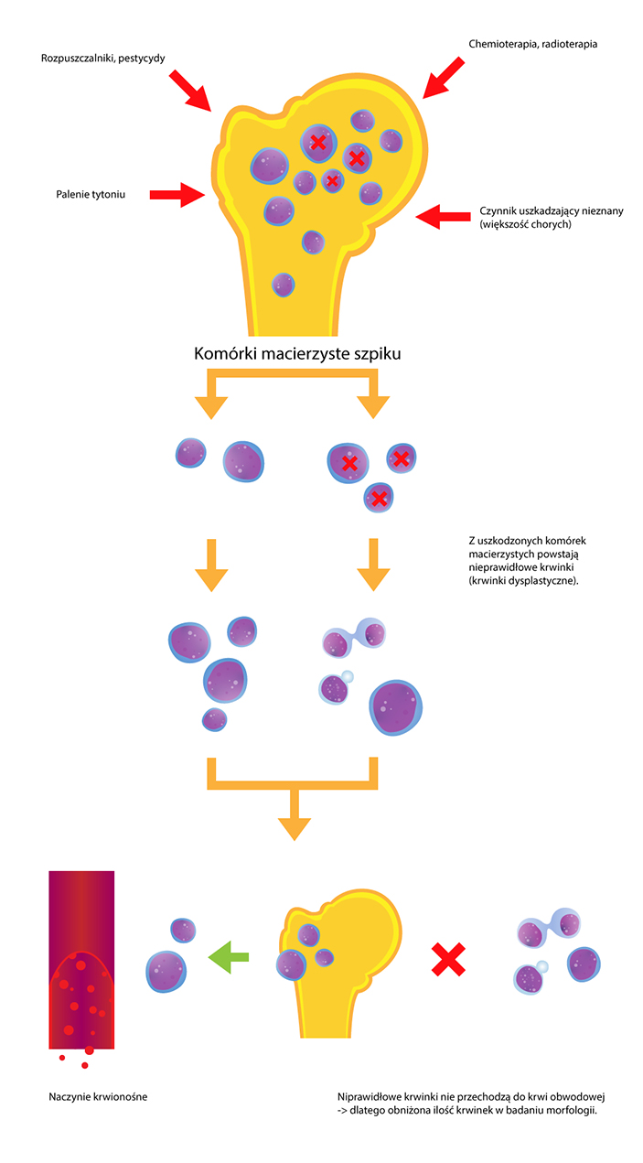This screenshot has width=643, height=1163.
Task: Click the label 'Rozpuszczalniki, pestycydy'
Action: point(103,59)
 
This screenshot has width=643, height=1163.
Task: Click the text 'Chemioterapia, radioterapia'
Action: point(533,43)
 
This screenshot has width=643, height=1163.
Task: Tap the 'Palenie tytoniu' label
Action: point(89,194)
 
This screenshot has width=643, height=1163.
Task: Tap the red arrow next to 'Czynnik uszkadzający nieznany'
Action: point(440,217)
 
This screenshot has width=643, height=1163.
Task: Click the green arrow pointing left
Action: point(228,957)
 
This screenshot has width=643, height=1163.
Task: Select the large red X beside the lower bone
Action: point(448,959)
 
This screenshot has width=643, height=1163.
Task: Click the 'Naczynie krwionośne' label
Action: point(98,1096)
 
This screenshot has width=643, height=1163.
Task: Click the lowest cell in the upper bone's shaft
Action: point(284,285)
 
